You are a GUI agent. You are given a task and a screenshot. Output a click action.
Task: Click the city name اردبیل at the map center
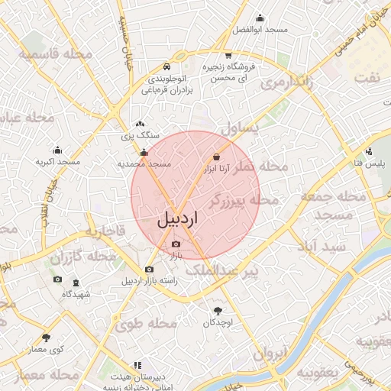point(177,218)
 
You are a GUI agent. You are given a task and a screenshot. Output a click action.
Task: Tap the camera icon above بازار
point(176,244)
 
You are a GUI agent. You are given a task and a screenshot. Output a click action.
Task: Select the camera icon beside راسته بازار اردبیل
point(149,270)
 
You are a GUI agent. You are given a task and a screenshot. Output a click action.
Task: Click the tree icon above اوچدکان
point(218,311)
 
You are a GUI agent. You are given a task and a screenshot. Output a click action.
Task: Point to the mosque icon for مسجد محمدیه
point(144,153)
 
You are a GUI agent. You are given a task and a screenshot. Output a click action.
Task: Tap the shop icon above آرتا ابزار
point(216,157)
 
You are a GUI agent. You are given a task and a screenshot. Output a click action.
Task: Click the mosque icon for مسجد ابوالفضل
point(260,18)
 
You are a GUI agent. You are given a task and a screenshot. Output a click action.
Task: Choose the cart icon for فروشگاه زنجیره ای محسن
point(228,56)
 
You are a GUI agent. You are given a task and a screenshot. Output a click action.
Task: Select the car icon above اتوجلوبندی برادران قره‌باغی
point(166,66)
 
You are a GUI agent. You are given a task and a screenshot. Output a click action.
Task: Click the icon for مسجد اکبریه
point(57,150)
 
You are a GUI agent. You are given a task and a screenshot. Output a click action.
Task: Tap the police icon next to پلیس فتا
point(370,151)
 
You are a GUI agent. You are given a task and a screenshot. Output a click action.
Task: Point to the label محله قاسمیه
point(57,55)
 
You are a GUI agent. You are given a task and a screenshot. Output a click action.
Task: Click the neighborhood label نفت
point(371,78)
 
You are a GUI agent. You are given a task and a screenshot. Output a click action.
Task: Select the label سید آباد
point(325,246)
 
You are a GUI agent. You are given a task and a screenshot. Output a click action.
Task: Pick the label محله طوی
point(146,325)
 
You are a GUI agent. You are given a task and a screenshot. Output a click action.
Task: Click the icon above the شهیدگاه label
point(76,283)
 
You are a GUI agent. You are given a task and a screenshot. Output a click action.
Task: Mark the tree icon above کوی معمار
point(46,337)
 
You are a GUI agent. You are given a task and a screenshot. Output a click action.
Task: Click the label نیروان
point(269,354)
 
